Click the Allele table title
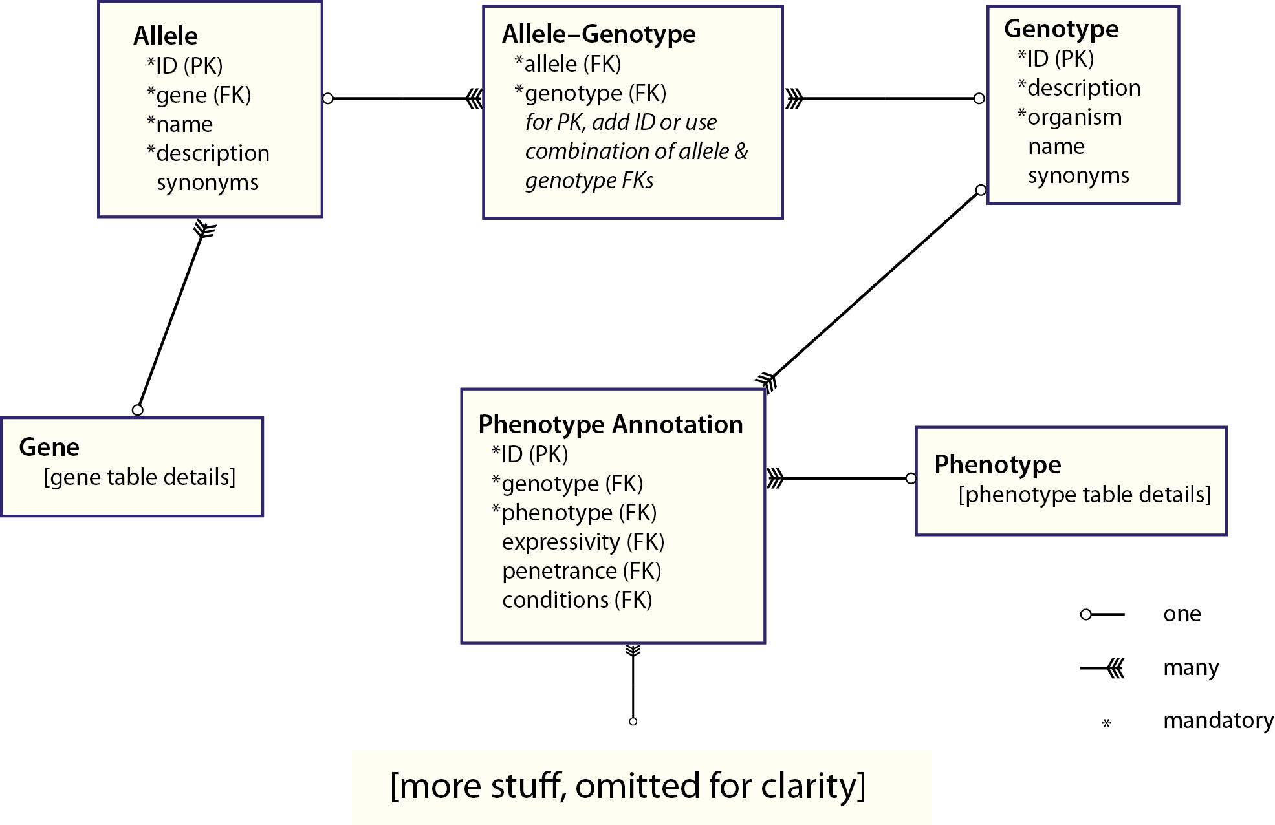point(166,36)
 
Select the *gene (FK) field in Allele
point(199,95)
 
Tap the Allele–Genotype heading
point(598,34)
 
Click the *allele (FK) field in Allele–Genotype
point(567,64)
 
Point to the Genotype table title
point(1061,29)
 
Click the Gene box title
point(49,447)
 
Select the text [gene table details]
point(140,477)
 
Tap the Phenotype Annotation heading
point(610,424)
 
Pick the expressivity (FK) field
point(583,542)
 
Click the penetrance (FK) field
point(582,571)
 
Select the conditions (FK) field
point(577,600)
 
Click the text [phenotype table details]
point(1084,495)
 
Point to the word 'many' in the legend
point(1190,667)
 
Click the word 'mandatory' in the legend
point(1218,720)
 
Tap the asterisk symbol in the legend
point(1107,723)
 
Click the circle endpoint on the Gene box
point(137,410)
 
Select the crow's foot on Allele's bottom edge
point(204,229)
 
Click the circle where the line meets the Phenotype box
point(911,478)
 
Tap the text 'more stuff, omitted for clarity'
point(627,786)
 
